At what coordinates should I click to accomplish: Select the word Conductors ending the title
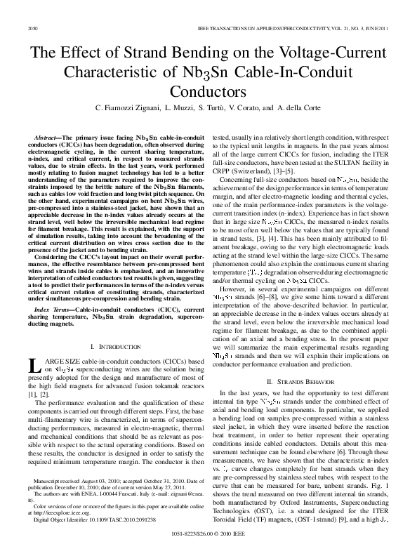pyautogui.click(x=208, y=91)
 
